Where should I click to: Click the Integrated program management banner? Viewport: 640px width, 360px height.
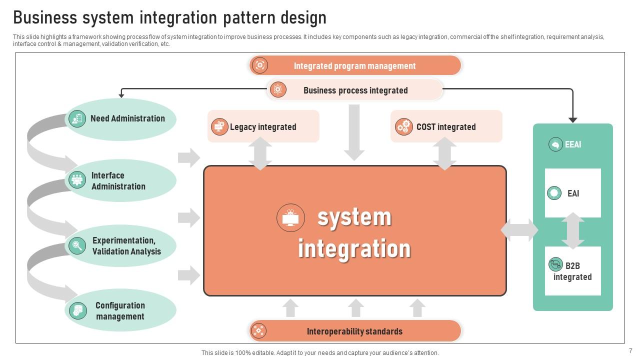(354, 65)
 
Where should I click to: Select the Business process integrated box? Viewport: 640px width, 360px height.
(354, 90)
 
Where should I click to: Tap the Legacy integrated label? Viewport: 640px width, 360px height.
(263, 127)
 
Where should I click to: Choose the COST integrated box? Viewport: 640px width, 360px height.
(446, 126)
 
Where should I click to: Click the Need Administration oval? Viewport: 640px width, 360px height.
(121, 119)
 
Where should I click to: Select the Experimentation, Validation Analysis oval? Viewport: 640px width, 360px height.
(121, 246)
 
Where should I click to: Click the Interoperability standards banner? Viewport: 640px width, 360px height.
(354, 331)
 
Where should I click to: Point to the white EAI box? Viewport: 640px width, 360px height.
(572, 193)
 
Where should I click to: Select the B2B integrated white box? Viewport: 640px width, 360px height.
(572, 271)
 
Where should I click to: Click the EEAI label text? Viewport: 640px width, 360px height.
(573, 144)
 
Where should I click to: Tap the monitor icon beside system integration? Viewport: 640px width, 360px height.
(290, 218)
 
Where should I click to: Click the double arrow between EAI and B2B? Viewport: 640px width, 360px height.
(573, 231)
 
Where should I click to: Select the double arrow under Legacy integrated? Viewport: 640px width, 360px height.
(260, 153)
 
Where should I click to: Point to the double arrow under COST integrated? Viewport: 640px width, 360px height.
(444, 153)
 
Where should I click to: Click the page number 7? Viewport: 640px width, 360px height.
(630, 351)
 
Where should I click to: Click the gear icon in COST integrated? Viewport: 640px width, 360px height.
(403, 126)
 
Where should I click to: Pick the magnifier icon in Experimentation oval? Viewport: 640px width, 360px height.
(77, 245)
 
